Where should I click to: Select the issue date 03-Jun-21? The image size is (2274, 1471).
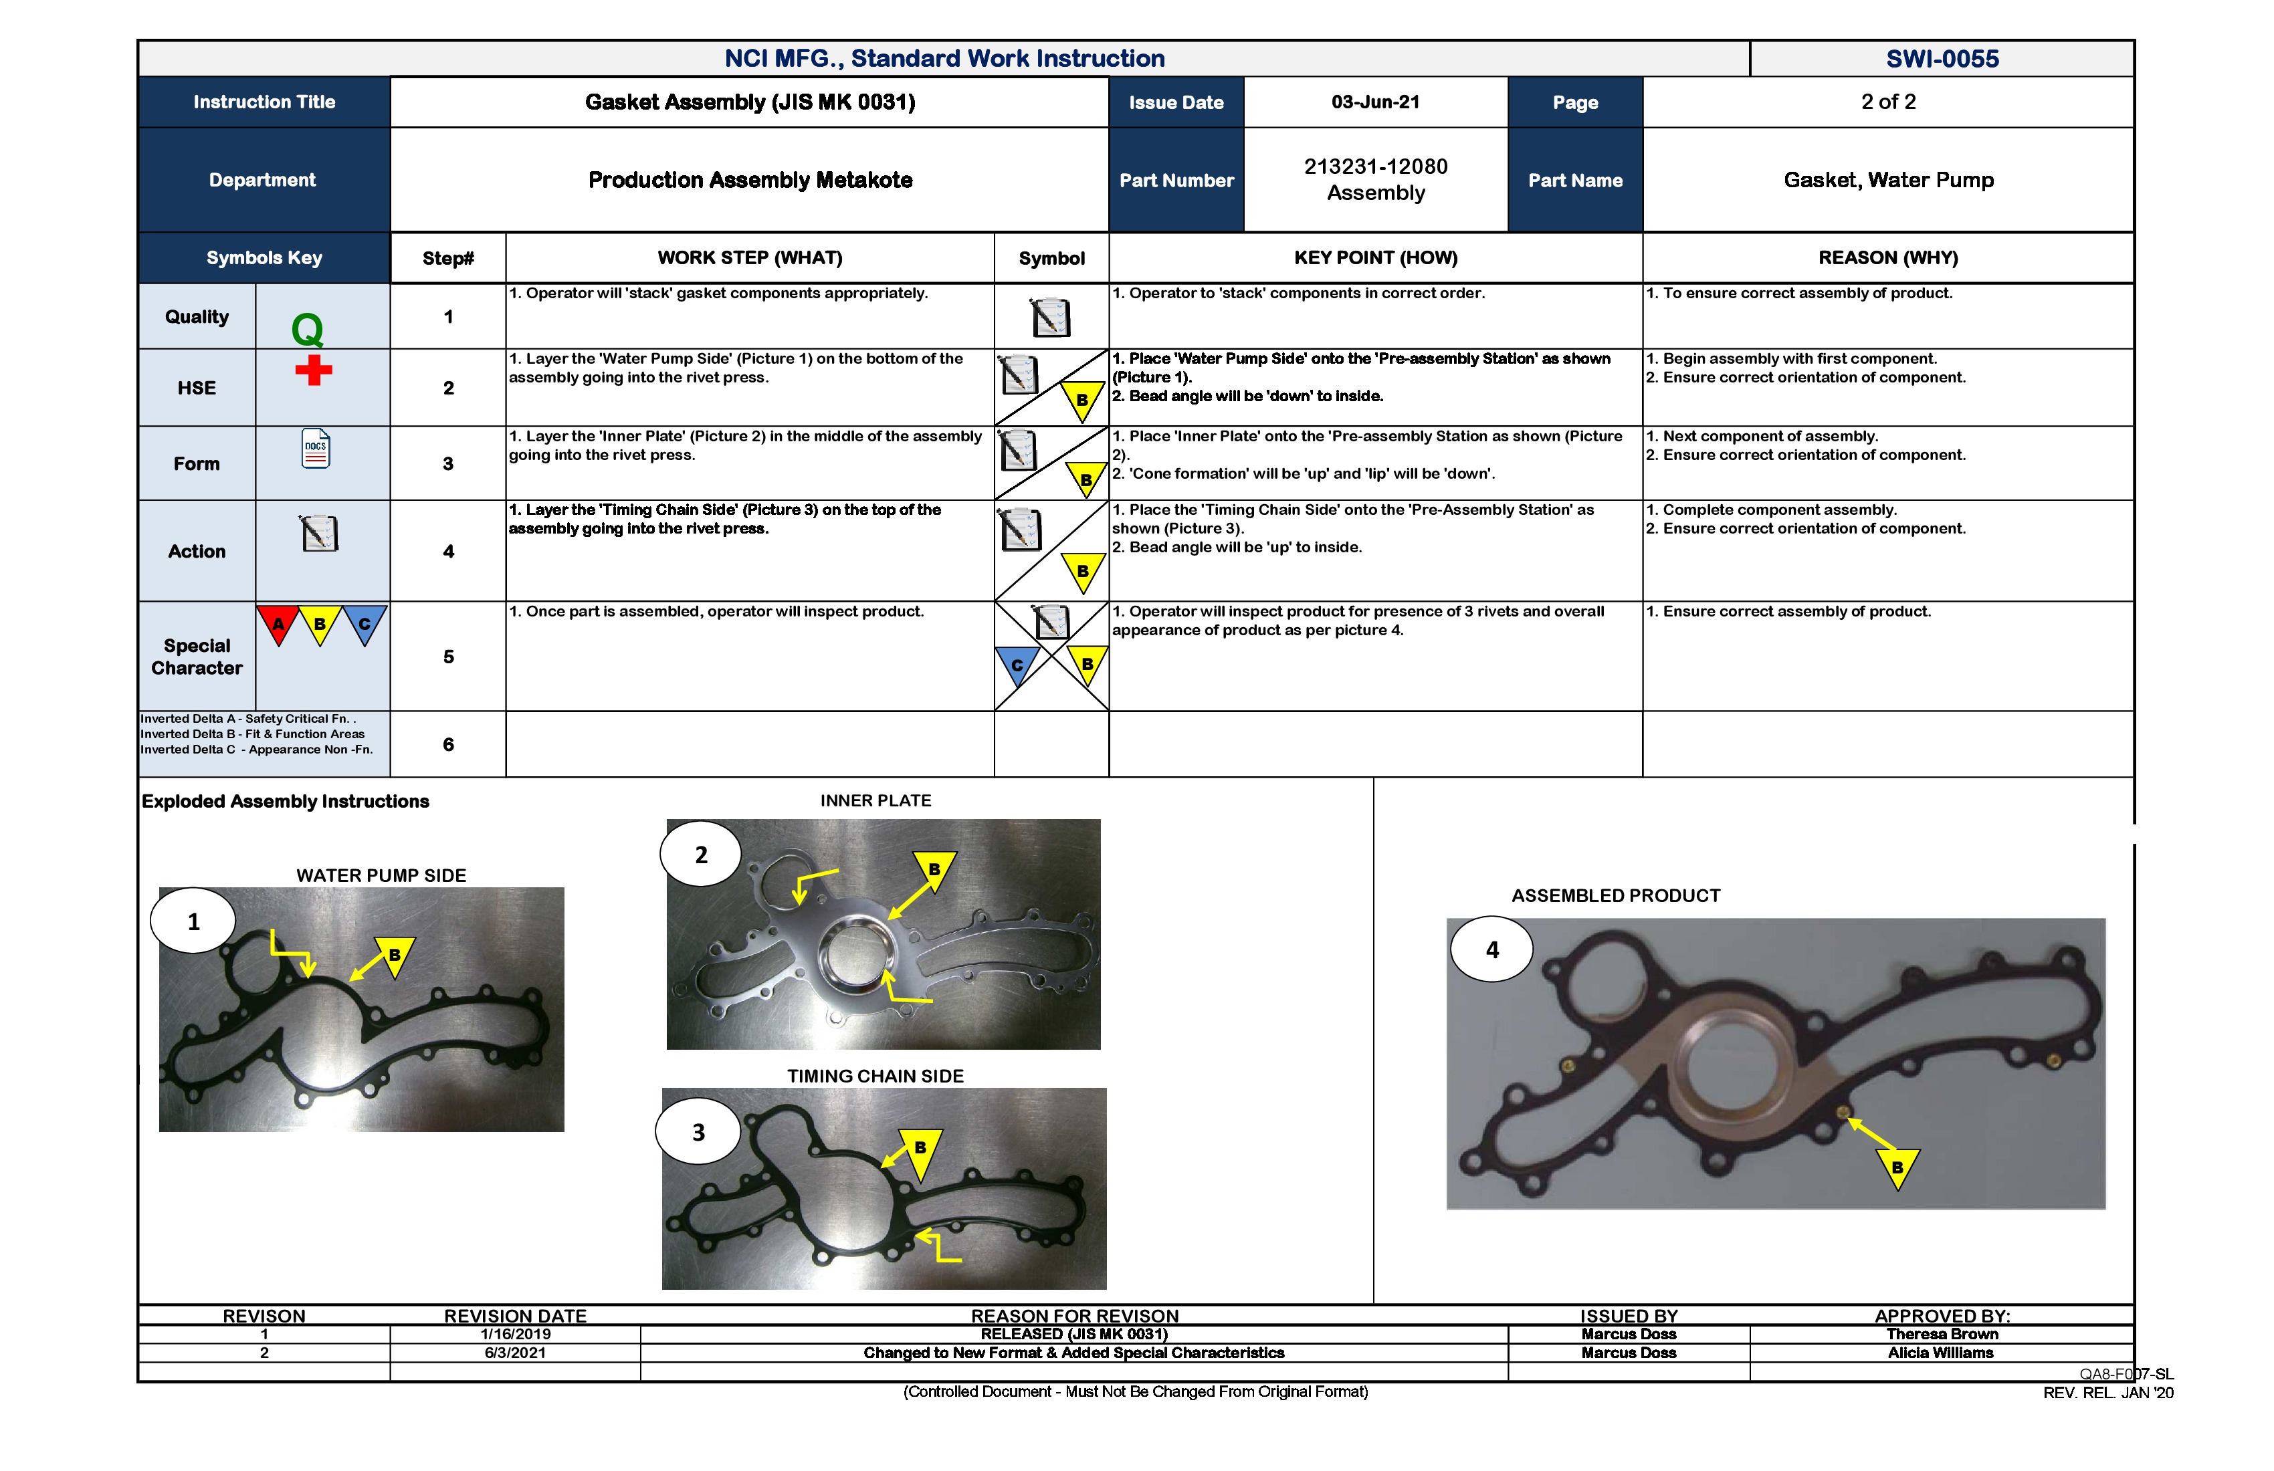click(x=1375, y=102)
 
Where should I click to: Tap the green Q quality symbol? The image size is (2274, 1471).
click(x=307, y=330)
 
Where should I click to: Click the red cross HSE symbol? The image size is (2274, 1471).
click(x=314, y=370)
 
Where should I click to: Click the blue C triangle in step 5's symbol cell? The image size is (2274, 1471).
click(x=1017, y=664)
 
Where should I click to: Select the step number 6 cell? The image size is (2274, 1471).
click(x=448, y=744)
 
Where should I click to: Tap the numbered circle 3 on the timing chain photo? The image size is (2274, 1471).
click(x=698, y=1133)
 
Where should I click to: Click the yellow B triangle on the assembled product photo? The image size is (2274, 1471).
click(x=1897, y=1166)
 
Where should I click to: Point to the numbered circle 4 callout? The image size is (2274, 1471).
click(x=1491, y=950)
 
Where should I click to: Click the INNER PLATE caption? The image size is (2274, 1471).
click(x=875, y=800)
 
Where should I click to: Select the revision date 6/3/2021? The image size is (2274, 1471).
click(x=515, y=1353)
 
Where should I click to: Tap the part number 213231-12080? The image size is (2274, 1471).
click(x=1375, y=166)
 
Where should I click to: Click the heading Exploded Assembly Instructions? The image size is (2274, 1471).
click(x=285, y=802)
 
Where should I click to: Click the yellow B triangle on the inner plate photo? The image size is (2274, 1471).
click(x=934, y=869)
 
